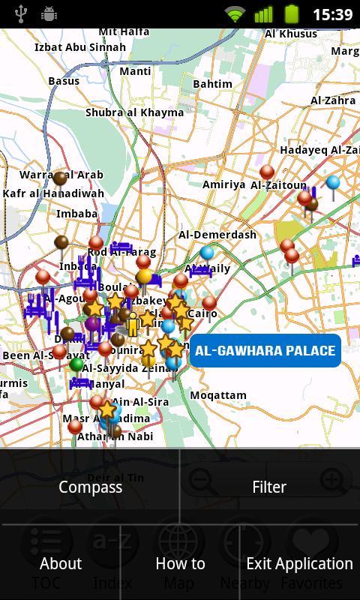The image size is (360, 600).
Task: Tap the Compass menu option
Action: pyautogui.click(x=90, y=487)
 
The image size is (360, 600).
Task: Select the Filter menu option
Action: pyautogui.click(x=269, y=487)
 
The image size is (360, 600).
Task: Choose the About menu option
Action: pyautogui.click(x=60, y=563)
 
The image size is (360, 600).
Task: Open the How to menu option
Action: pyautogui.click(x=180, y=563)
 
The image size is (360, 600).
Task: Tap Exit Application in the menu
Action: pyautogui.click(x=299, y=563)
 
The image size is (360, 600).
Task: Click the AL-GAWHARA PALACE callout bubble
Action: pyautogui.click(x=265, y=350)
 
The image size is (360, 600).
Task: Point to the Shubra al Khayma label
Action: pyautogui.click(x=134, y=112)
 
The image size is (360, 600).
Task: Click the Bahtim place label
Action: pyautogui.click(x=212, y=84)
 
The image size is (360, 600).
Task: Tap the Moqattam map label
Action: pyautogui.click(x=218, y=395)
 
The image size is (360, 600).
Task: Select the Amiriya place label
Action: pyautogui.click(x=223, y=184)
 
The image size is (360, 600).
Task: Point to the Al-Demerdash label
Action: pyautogui.click(x=217, y=235)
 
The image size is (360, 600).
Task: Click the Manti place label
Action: pyautogui.click(x=135, y=71)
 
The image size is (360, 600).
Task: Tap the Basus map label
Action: pyautogui.click(x=64, y=81)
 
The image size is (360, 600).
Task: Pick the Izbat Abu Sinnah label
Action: pyautogui.click(x=80, y=47)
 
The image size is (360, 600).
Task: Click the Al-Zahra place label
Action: pyautogui.click(x=333, y=100)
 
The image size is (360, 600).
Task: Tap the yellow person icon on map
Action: pyautogui.click(x=133, y=324)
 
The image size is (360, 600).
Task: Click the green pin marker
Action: pyautogui.click(x=76, y=365)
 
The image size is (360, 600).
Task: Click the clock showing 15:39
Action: pyautogui.click(x=332, y=14)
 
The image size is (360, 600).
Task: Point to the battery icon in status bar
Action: pyautogui.click(x=292, y=13)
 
